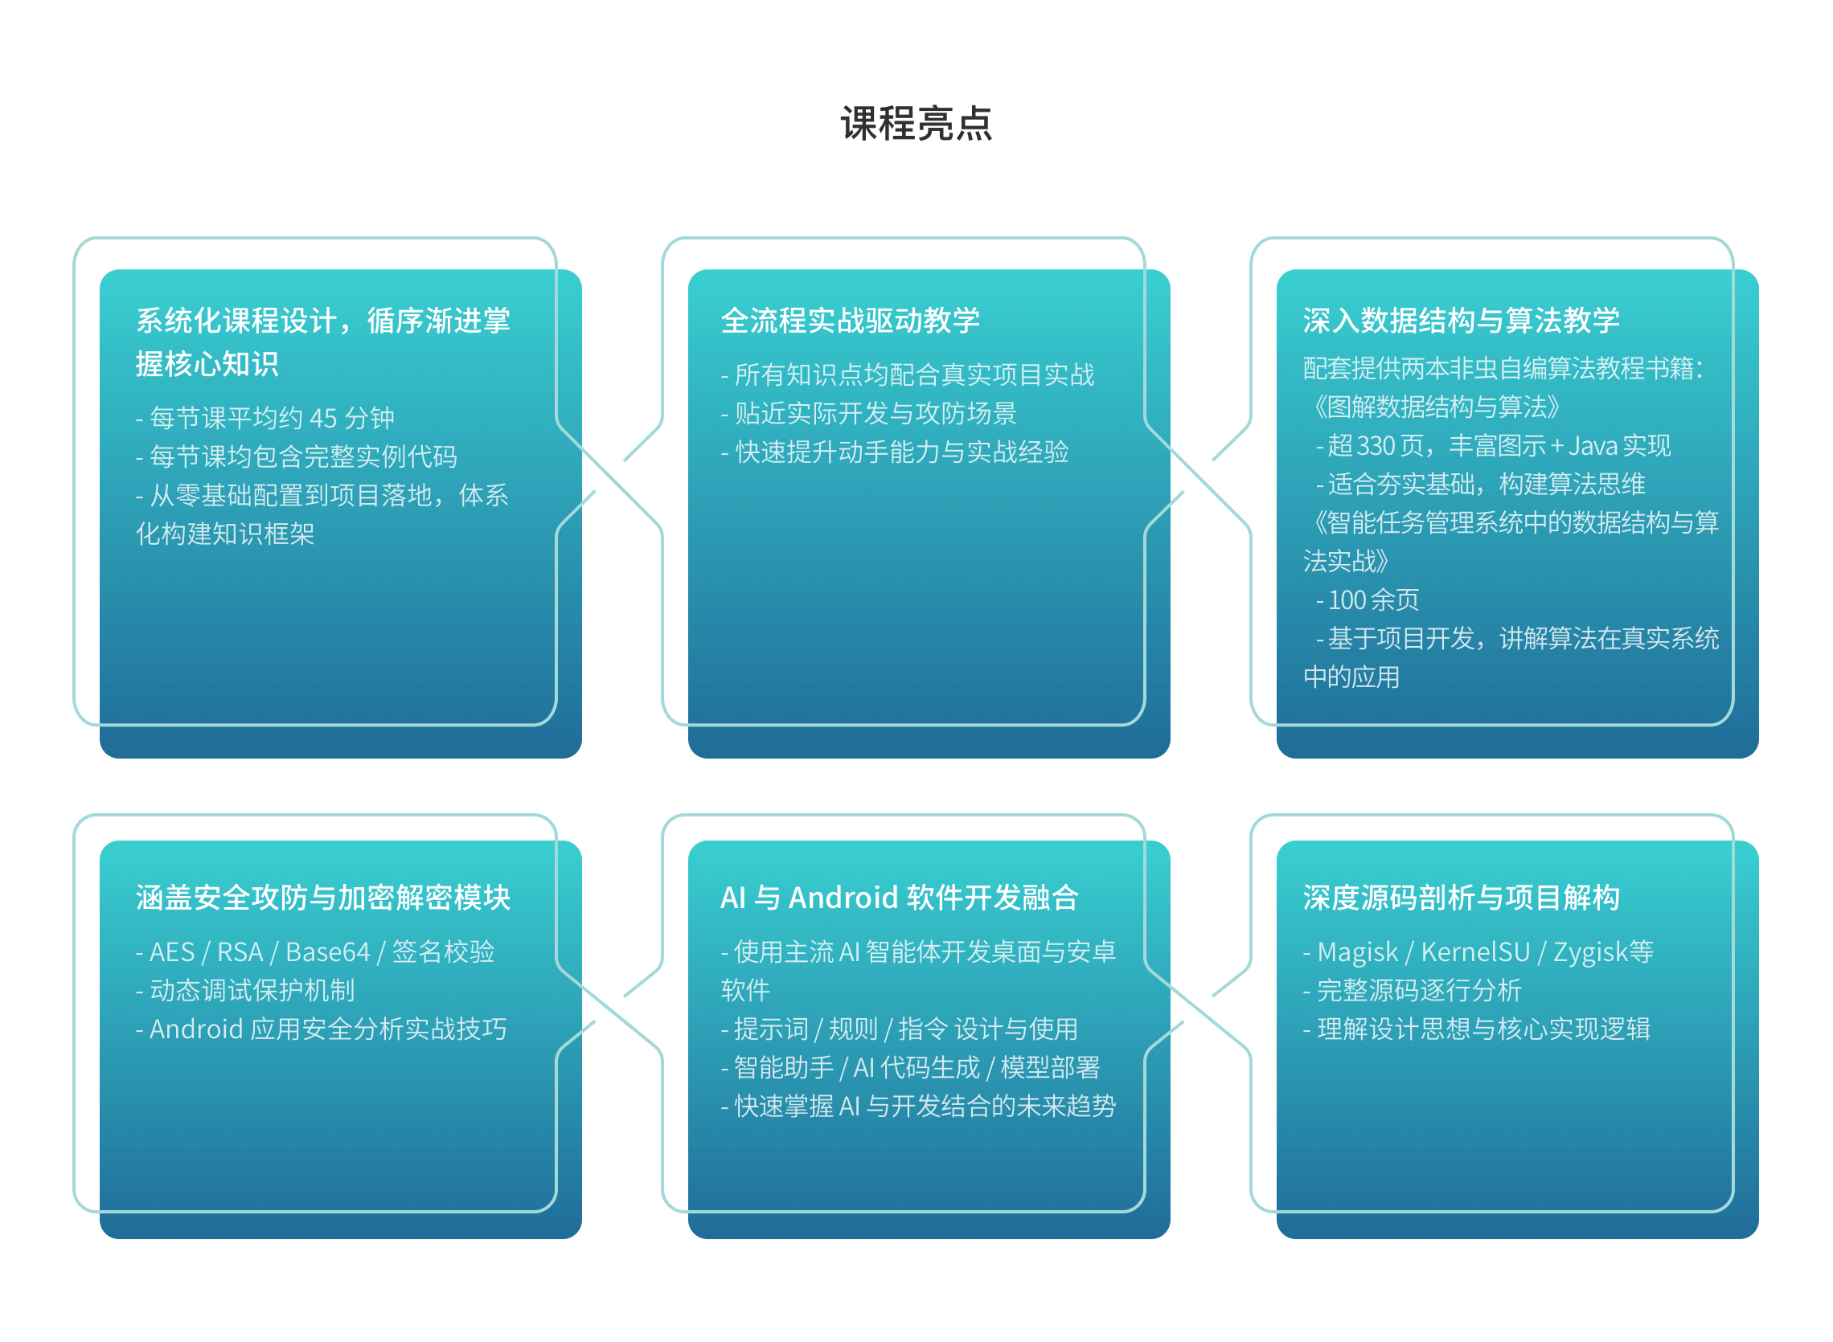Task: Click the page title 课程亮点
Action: point(916,124)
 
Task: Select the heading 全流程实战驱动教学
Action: point(850,321)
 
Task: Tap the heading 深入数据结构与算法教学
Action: point(1461,321)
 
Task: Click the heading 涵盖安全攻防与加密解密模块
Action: point(323,898)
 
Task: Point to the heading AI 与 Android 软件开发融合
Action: point(900,898)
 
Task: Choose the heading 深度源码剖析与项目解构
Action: point(1461,898)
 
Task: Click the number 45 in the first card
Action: point(323,419)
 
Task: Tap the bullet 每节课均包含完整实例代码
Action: point(296,456)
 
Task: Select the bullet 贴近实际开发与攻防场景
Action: point(868,414)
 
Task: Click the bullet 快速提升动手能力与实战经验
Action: point(895,452)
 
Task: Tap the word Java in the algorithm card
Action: point(1593,446)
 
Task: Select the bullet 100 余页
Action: point(1368,599)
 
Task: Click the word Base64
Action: point(327,951)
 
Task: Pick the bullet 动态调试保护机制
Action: point(245,990)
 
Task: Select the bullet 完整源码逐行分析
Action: point(1411,990)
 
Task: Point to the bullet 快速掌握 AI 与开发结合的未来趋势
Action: point(918,1106)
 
